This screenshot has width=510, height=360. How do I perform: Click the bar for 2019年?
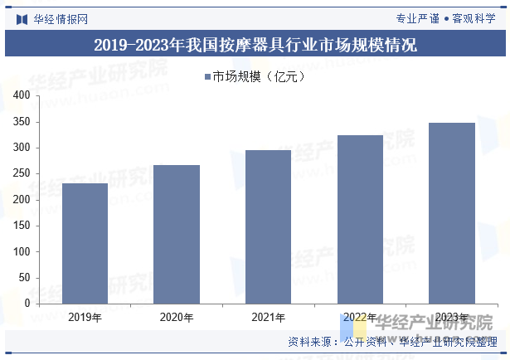(85, 243)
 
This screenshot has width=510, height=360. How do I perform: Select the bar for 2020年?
(177, 234)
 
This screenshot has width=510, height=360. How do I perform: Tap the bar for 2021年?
(268, 226)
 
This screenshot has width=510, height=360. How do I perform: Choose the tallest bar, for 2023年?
(452, 213)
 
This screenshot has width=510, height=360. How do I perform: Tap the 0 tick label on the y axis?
(27, 304)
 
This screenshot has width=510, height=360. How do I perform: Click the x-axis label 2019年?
(85, 318)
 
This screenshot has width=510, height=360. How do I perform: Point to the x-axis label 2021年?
(268, 318)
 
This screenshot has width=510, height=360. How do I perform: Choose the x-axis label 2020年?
(177, 318)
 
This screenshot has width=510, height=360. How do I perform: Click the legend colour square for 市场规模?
(207, 77)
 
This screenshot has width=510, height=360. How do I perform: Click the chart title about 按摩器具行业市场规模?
(255, 45)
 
